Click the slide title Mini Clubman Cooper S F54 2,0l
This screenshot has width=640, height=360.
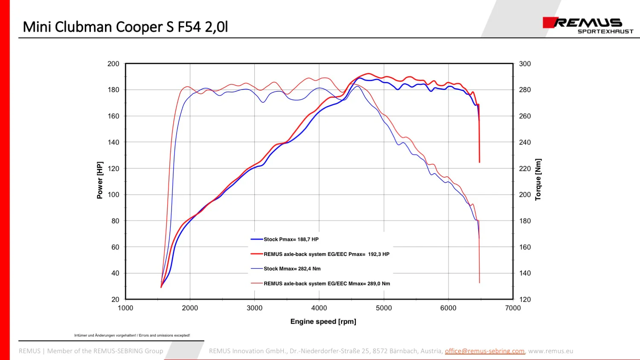pyautogui.click(x=125, y=27)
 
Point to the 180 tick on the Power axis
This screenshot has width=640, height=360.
pyautogui.click(x=113, y=90)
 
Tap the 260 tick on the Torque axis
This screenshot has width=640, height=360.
pyautogui.click(x=525, y=116)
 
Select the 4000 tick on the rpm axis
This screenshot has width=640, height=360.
pyautogui.click(x=319, y=308)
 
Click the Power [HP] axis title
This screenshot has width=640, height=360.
pyautogui.click(x=100, y=180)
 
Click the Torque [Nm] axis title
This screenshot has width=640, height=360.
pyautogui.click(x=538, y=180)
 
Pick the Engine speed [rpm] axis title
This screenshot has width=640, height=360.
pyautogui.click(x=323, y=322)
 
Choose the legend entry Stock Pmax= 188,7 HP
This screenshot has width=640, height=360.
pyautogui.click(x=291, y=239)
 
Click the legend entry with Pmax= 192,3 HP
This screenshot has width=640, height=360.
pyautogui.click(x=326, y=254)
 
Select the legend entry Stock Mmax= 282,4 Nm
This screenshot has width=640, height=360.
pyautogui.click(x=292, y=269)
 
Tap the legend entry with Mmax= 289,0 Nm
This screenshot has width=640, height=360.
pyautogui.click(x=327, y=283)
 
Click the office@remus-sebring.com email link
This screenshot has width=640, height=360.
pyautogui.click(x=485, y=351)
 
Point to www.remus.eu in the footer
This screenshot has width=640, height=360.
pyautogui.click(x=550, y=351)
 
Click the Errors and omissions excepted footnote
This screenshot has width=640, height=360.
pyautogui.click(x=164, y=335)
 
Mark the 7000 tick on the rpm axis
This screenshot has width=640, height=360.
pyautogui.click(x=513, y=308)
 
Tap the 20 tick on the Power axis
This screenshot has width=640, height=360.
pyautogui.click(x=115, y=299)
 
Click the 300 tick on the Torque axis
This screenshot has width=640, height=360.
pyautogui.click(x=525, y=64)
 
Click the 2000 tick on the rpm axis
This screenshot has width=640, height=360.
pyautogui.click(x=190, y=308)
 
